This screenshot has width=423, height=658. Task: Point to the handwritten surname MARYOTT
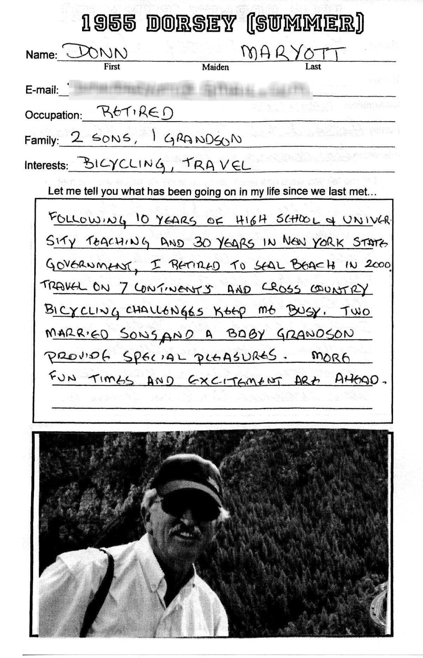pyautogui.click(x=292, y=53)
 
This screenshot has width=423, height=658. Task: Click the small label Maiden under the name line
pyautogui.click(x=215, y=67)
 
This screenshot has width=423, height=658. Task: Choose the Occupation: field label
pyautogui.click(x=53, y=115)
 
